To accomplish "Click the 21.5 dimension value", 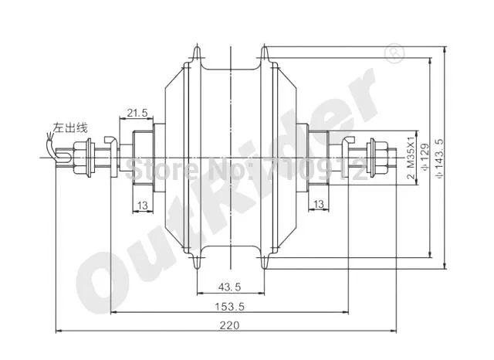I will [x=137, y=113].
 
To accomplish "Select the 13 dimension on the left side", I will [x=143, y=204].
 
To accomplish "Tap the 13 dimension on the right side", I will [x=319, y=204].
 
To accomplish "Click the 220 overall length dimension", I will [x=228, y=325].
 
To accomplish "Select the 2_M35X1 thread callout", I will [x=411, y=158].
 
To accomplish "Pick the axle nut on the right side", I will [x=377, y=158].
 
